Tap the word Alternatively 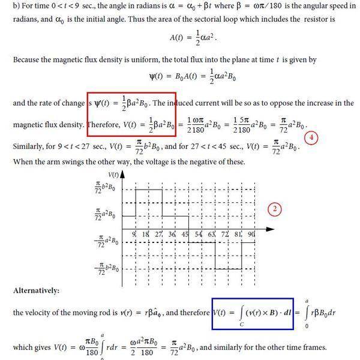click(36, 290)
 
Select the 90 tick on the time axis click(251, 233)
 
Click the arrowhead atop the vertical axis click(122, 175)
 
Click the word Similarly click(29, 147)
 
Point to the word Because click(28, 60)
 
